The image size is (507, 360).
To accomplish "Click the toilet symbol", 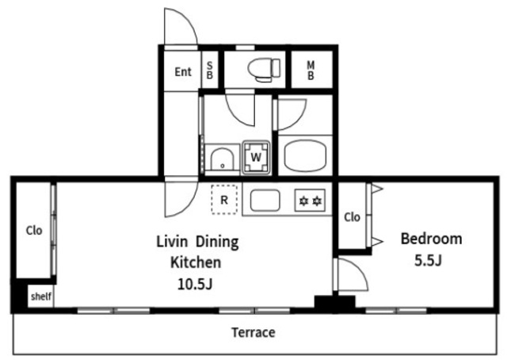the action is [264, 69].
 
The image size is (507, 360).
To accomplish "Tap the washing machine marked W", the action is [256, 157].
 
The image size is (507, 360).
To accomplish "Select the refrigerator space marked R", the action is [224, 199].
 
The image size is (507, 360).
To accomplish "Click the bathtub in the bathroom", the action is [305, 155].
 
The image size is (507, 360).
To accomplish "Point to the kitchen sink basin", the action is [265, 201].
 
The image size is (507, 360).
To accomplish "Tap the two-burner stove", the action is [310, 201].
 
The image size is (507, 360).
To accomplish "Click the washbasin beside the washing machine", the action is [222, 159].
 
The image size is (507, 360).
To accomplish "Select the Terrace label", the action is [253, 332].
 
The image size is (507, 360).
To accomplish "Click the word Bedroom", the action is [431, 239].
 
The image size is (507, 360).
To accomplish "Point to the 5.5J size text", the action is [428, 260].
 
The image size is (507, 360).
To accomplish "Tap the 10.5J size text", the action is [195, 284].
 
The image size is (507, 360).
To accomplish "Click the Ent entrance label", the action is [183, 72].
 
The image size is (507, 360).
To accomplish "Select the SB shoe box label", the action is [209, 71].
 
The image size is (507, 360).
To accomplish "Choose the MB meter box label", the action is [311, 71].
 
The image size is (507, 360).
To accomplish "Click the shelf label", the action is [41, 296].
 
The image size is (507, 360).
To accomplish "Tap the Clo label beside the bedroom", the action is [352, 217].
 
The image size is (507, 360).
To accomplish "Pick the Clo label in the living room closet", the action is [34, 231].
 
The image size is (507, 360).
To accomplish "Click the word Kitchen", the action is [196, 262].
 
